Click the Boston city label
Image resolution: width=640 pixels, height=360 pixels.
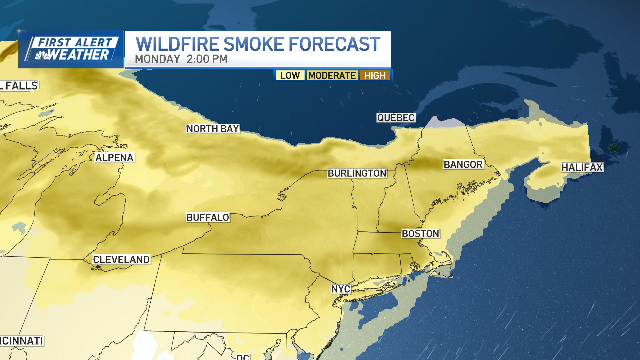pos(420,234)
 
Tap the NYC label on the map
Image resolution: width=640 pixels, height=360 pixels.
pos(341,289)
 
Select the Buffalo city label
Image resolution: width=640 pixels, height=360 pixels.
pos(208,217)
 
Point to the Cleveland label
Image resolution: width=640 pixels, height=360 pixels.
pos(121,259)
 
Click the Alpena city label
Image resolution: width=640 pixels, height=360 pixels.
pos(114,158)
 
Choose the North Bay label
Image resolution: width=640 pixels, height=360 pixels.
pos(213,129)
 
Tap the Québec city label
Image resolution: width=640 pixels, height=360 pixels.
pos(396,118)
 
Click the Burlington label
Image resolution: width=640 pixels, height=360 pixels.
pos(357,173)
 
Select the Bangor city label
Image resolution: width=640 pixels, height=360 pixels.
pos(463,164)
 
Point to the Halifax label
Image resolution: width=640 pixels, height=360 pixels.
pos(582,167)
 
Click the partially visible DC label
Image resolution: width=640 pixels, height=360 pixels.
pos(243,357)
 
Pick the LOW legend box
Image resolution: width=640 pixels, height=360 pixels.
pos(290,76)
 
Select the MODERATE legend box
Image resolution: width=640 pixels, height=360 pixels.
pos(332,76)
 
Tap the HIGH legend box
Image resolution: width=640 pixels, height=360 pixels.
pos(375,76)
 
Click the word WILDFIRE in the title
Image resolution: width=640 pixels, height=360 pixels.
pos(177,44)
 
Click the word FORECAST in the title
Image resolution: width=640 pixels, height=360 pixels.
pos(334,44)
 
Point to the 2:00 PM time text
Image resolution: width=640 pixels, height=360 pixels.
pos(207,59)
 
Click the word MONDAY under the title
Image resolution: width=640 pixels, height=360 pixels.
pos(157,59)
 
